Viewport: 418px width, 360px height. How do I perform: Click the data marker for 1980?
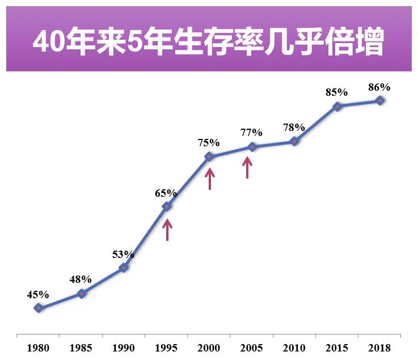38,308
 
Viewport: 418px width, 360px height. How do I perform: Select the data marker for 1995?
167,206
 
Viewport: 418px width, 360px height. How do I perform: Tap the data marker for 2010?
294,141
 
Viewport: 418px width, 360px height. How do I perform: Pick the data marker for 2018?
380,100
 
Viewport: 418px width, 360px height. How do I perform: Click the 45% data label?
38,294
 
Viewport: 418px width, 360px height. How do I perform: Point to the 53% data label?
123,253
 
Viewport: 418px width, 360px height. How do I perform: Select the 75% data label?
209,143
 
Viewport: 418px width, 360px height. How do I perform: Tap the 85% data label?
337,92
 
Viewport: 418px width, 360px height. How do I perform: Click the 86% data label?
379,87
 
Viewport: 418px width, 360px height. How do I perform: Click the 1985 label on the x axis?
81,348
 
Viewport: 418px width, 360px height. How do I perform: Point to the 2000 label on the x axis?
209,348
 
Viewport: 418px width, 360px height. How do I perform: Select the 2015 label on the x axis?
337,348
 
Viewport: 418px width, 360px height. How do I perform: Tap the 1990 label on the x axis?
123,348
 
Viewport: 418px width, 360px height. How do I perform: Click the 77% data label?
251,133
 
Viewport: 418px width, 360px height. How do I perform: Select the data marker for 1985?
81,293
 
